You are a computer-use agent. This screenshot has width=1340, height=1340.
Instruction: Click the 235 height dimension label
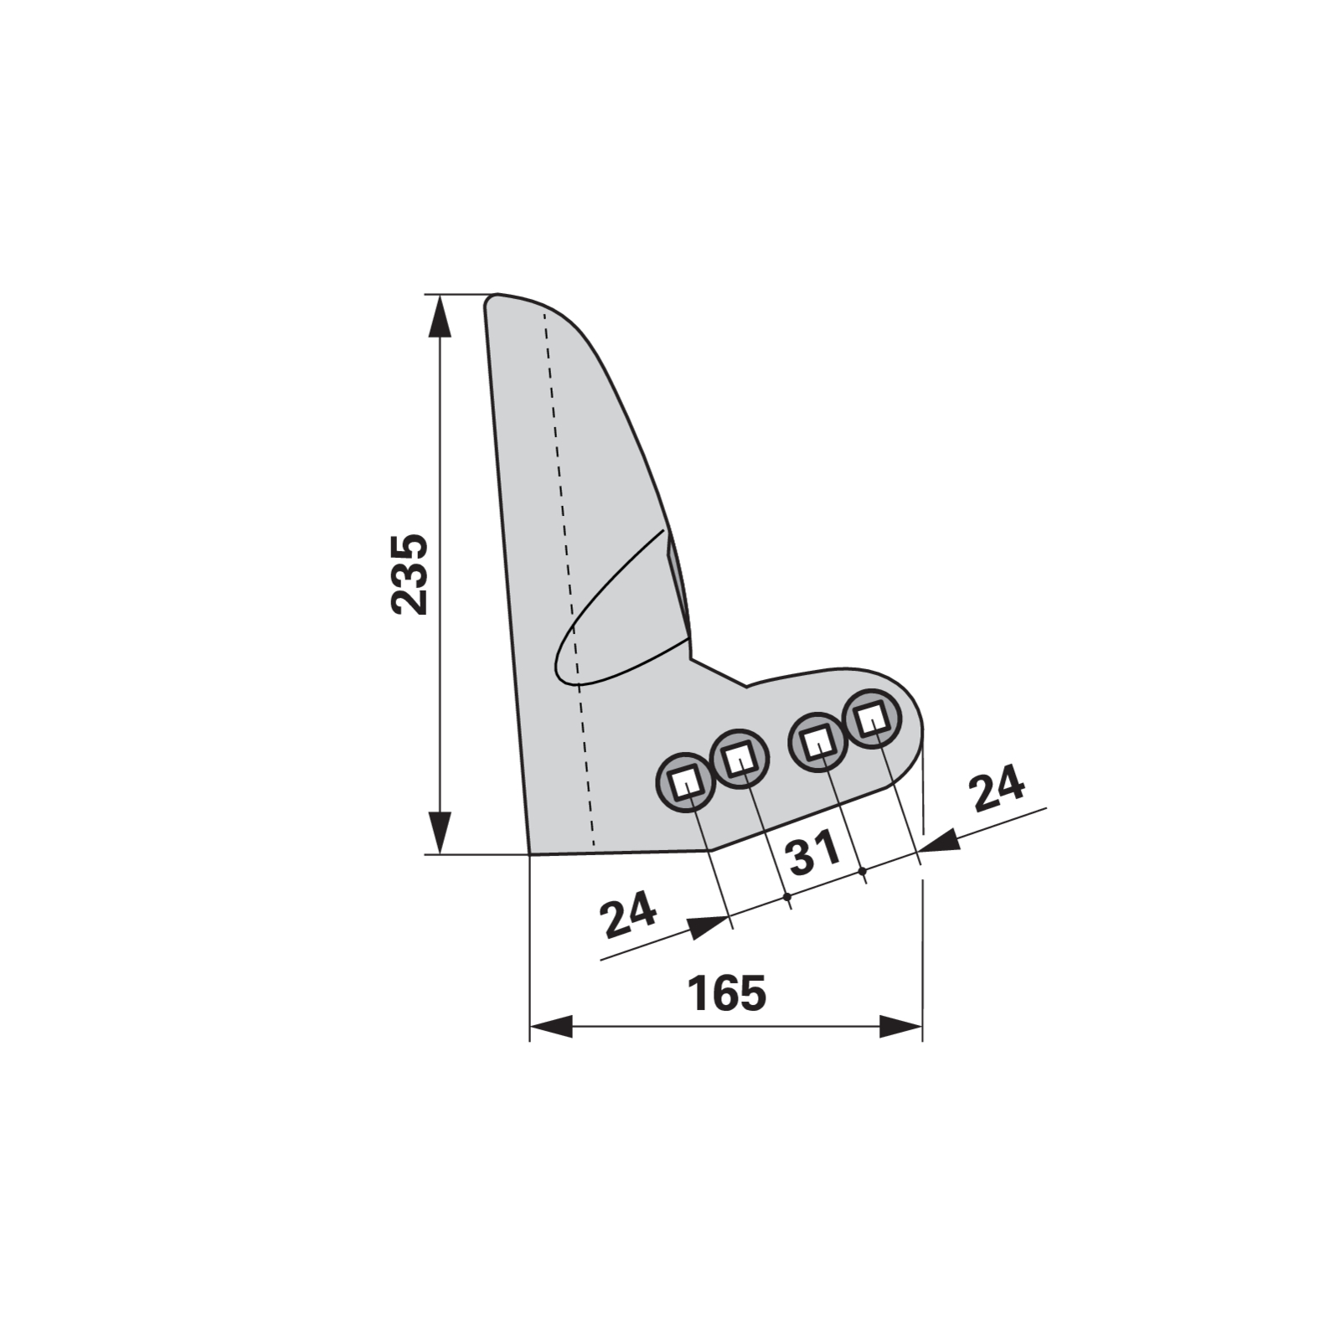pyautogui.click(x=410, y=574)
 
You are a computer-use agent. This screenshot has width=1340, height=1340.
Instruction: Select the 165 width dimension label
pyautogui.click(x=727, y=993)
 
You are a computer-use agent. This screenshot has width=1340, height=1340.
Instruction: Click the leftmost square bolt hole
pyautogui.click(x=685, y=782)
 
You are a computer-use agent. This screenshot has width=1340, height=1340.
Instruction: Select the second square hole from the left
pyautogui.click(x=738, y=759)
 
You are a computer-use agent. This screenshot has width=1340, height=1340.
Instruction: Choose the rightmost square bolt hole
pyautogui.click(x=871, y=718)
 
